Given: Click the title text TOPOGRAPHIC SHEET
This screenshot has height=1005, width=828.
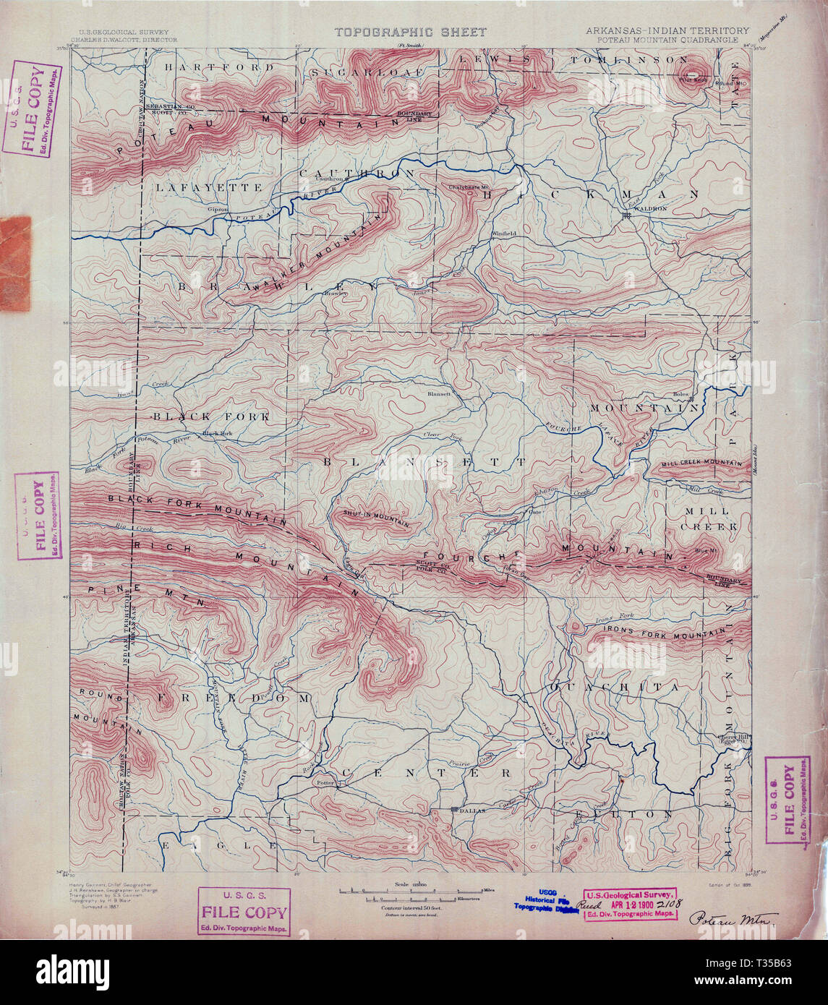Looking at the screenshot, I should point(410,32).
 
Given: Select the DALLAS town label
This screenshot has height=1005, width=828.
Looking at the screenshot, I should point(469,811).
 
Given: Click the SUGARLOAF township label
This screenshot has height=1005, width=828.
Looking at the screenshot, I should point(357,73).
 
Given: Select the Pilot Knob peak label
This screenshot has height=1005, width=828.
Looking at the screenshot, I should point(692,80).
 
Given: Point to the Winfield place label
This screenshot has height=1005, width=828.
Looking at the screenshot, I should point(504,234).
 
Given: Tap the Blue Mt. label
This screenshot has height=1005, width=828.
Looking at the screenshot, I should point(703,551).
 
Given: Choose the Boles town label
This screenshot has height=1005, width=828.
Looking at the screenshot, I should point(680,394).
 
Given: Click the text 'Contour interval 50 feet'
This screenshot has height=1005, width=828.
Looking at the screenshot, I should point(410,907).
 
